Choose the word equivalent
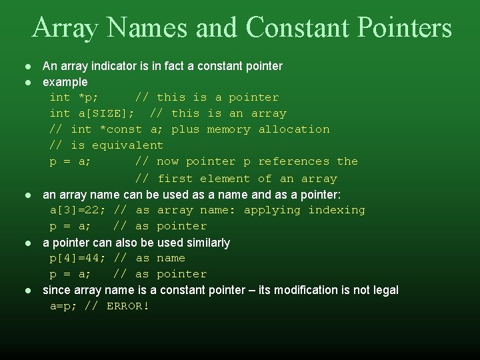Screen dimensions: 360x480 pyautogui.click(x=127, y=145)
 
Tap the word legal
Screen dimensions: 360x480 pyautogui.click(x=385, y=290)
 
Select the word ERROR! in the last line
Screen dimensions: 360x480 pyautogui.click(x=128, y=307)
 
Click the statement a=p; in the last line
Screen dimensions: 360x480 pyautogui.click(x=64, y=307)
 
